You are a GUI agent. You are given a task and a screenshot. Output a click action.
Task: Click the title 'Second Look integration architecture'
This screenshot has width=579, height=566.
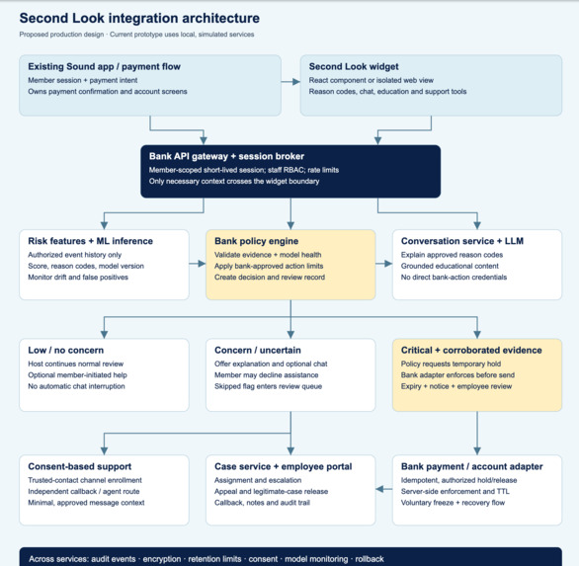click(139, 18)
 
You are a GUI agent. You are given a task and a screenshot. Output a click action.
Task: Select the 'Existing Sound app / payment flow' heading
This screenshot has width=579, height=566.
click(104, 67)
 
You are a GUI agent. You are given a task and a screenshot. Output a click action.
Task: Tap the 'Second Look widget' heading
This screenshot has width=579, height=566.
click(354, 67)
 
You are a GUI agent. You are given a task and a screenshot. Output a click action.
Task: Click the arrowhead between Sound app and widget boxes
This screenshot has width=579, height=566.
click(296, 82)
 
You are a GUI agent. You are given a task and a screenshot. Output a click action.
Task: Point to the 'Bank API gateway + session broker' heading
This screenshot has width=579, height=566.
click(226, 156)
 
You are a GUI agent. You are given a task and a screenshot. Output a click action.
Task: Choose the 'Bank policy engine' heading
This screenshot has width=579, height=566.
click(256, 241)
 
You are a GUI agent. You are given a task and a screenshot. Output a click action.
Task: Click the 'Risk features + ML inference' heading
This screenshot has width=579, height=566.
click(91, 241)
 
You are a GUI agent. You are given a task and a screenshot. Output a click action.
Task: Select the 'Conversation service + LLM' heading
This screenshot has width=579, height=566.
click(462, 241)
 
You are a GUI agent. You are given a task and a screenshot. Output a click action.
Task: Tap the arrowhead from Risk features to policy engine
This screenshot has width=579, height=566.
click(202, 264)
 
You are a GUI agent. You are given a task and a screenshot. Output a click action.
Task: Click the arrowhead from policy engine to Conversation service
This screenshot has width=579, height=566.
click(388, 264)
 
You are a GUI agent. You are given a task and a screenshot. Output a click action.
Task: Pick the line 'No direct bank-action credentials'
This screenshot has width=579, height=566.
click(454, 278)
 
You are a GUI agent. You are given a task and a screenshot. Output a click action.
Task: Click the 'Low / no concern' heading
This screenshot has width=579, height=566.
click(66, 350)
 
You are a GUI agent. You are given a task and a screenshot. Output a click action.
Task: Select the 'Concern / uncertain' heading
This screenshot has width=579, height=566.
click(258, 350)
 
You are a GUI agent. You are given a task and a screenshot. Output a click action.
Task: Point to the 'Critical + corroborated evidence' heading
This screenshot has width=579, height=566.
click(471, 350)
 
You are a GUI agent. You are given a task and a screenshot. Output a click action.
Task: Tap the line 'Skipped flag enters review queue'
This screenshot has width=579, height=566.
click(268, 386)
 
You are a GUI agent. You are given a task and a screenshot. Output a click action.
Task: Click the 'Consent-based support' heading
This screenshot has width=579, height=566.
click(80, 466)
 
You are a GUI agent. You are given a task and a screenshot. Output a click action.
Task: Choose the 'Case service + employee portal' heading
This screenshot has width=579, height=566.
click(284, 466)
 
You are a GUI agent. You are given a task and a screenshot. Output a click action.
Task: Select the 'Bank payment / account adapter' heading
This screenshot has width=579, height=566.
click(472, 466)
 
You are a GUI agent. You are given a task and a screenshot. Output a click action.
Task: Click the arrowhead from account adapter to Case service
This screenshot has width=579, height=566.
click(379, 489)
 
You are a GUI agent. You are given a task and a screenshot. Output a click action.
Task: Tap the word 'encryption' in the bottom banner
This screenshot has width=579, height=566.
click(162, 559)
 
